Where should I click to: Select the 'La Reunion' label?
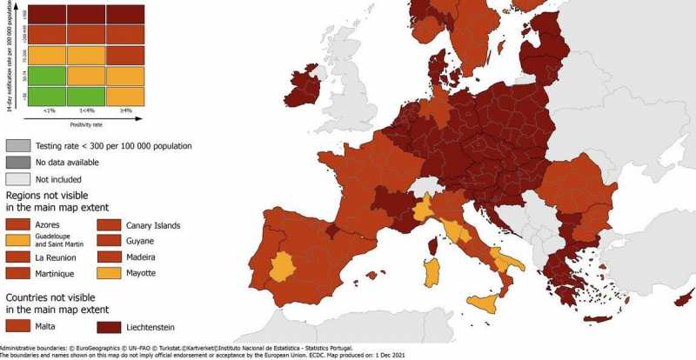(x=61, y=257)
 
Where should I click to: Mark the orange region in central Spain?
(x=283, y=266)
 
